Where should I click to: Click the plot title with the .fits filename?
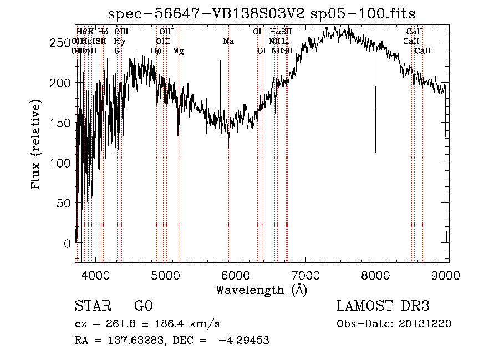(x=262, y=14)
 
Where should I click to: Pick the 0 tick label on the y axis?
(x=67, y=244)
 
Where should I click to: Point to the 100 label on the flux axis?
(x=61, y=163)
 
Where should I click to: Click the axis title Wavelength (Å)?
(x=261, y=290)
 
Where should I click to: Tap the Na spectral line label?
(x=228, y=41)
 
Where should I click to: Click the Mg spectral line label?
(x=178, y=51)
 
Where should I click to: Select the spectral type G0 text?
(x=143, y=306)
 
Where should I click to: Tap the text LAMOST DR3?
(x=383, y=306)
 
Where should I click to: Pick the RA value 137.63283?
(x=129, y=341)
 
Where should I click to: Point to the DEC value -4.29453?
(x=245, y=341)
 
